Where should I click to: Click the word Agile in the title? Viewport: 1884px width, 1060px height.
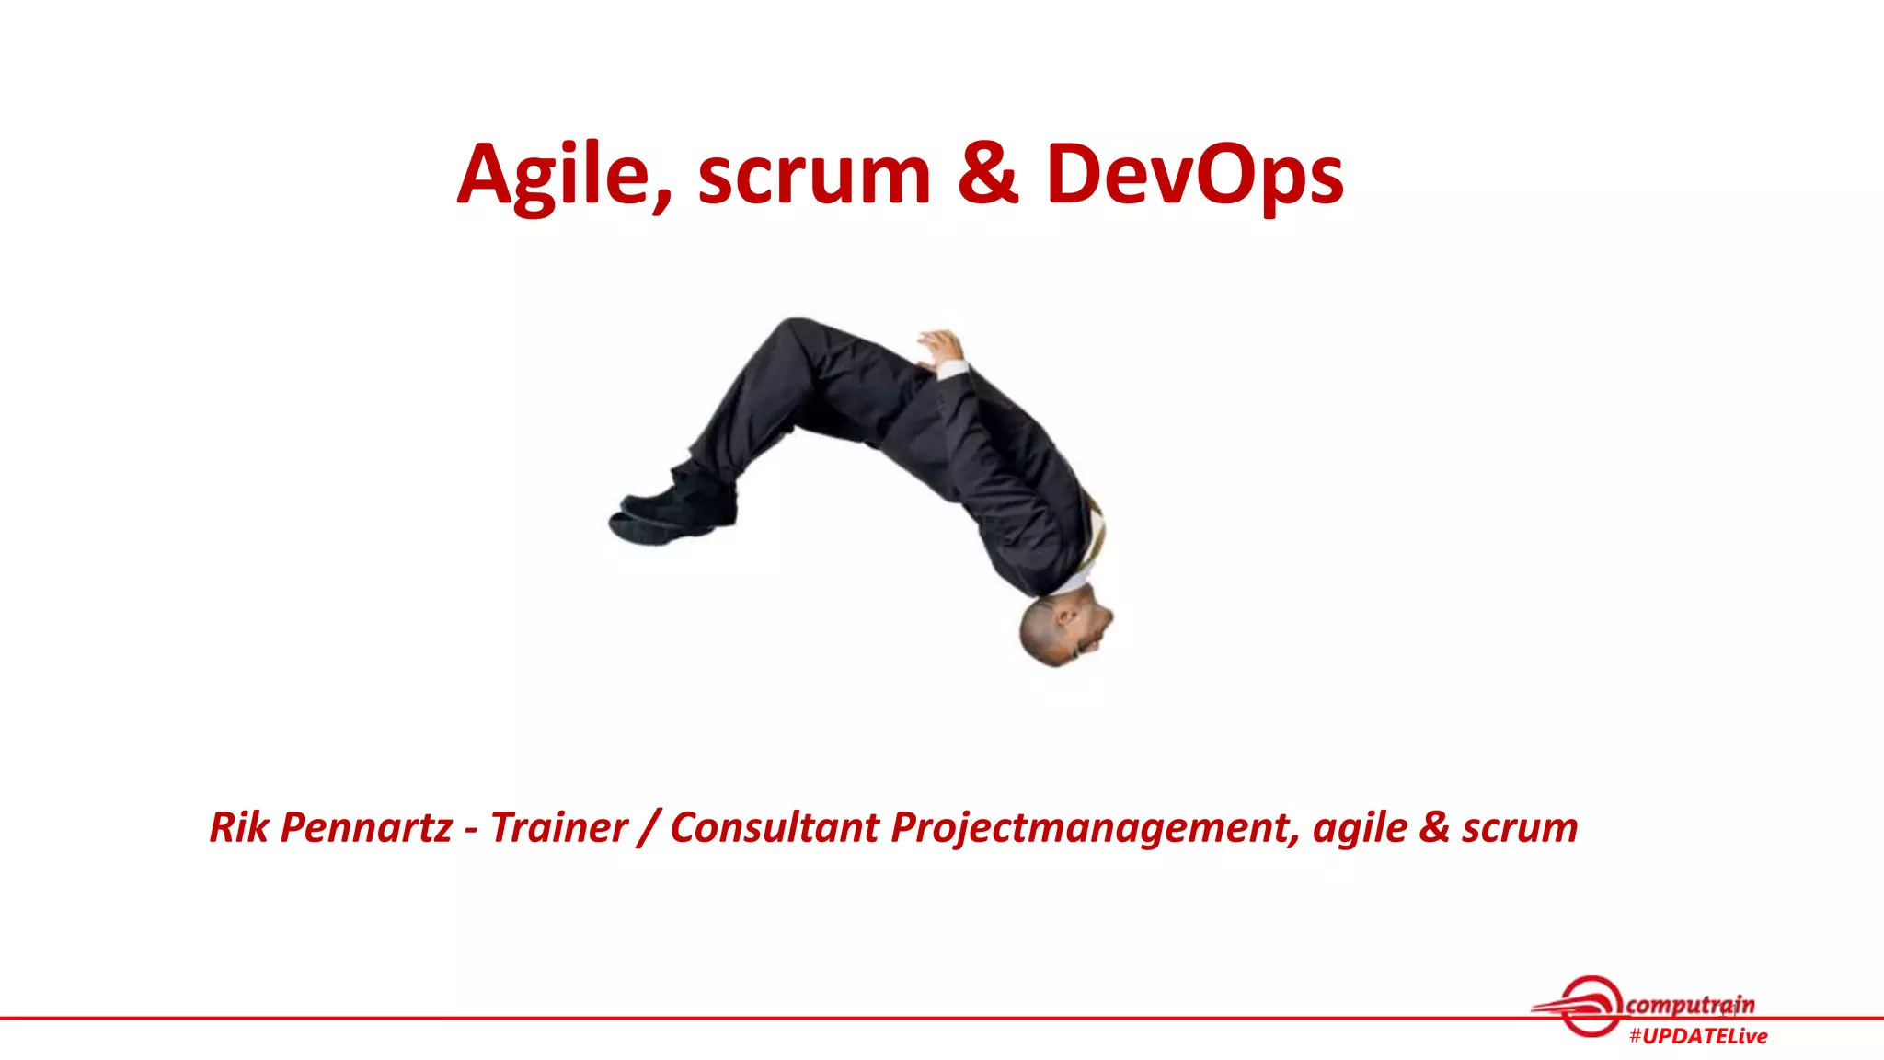click(x=563, y=175)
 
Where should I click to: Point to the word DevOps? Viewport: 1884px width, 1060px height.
click(x=1194, y=175)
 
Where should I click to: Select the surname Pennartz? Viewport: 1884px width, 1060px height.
click(x=366, y=827)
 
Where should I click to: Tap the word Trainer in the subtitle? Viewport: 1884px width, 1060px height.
click(x=558, y=827)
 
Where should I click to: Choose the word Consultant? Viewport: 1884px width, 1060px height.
click(x=774, y=827)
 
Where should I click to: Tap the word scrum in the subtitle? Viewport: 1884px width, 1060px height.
click(x=1520, y=827)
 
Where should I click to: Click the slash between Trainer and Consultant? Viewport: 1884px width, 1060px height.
click(x=649, y=827)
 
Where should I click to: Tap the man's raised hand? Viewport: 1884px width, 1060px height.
click(x=940, y=347)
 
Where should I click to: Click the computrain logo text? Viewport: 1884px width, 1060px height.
click(x=1690, y=1004)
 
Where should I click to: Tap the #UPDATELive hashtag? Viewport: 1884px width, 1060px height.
click(x=1698, y=1036)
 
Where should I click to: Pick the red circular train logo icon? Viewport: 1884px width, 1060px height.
click(x=1590, y=1006)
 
